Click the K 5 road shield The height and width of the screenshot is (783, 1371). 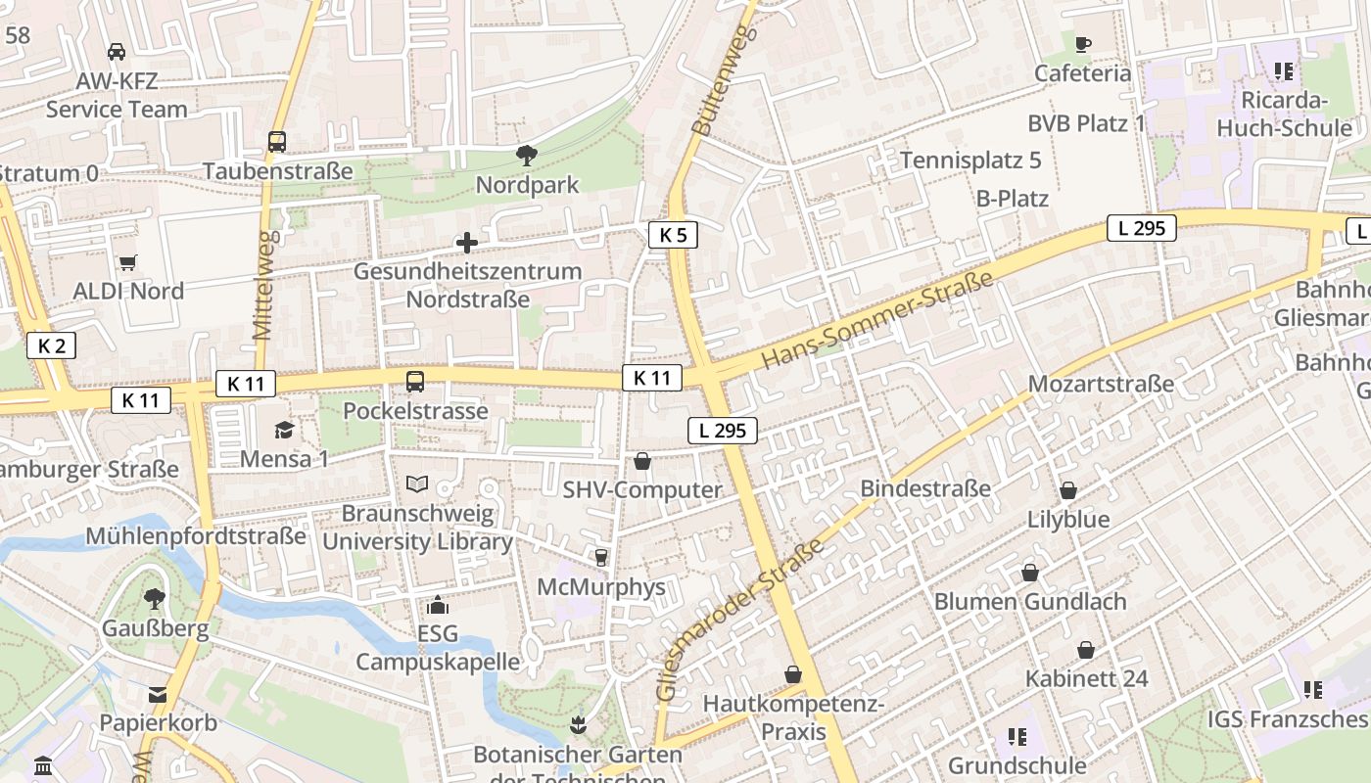coord(673,235)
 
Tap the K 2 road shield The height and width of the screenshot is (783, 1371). coord(51,345)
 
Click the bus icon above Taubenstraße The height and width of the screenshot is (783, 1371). coord(277,142)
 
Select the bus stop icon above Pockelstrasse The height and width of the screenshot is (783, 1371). coord(415,382)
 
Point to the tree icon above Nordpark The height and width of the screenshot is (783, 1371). coord(527,156)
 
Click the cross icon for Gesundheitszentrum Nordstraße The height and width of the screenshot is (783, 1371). coord(467,243)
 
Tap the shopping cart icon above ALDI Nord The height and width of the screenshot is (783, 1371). coord(127,262)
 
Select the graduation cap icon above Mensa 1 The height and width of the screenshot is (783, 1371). coord(284,430)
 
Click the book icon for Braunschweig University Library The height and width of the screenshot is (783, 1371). coord(417,484)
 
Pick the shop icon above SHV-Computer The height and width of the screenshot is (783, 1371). coord(642,461)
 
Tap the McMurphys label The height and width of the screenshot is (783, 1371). coord(601,587)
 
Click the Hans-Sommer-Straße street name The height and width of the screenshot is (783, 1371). coord(876,321)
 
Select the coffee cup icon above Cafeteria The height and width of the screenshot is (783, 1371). coord(1082,44)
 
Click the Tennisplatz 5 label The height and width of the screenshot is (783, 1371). coord(970,161)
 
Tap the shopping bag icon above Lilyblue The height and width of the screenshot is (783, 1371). coord(1068,490)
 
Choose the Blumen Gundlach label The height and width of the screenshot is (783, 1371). coord(1030,601)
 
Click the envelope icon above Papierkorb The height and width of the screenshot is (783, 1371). coord(158,695)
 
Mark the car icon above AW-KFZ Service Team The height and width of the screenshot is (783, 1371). coord(116,52)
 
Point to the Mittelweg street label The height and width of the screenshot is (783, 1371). coord(261,293)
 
